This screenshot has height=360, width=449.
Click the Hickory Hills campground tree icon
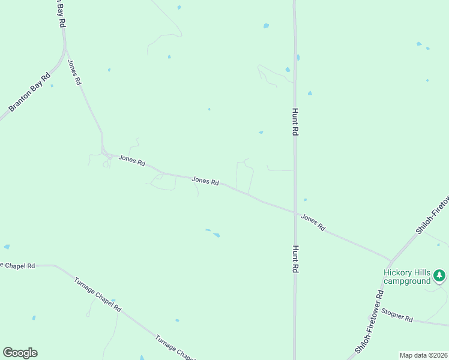(x=440, y=275)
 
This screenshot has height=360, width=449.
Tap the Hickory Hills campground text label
(x=408, y=277)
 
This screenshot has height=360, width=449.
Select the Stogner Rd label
(x=397, y=317)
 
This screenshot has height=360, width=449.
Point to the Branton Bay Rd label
(x=29, y=93)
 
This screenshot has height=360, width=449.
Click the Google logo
(x=20, y=353)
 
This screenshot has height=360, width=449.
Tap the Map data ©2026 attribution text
(x=423, y=355)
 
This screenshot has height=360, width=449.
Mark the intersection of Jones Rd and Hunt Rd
(x=295, y=212)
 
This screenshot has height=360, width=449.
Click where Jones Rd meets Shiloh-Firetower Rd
(x=391, y=261)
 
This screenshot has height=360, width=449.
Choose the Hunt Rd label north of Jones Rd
(x=295, y=122)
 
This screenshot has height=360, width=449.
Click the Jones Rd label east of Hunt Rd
(x=313, y=223)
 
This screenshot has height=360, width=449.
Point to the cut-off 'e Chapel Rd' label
(x=18, y=265)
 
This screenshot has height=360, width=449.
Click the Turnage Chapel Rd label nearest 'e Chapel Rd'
(x=98, y=294)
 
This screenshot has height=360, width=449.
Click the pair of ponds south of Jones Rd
(x=213, y=233)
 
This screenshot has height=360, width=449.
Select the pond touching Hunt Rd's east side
(x=298, y=58)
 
